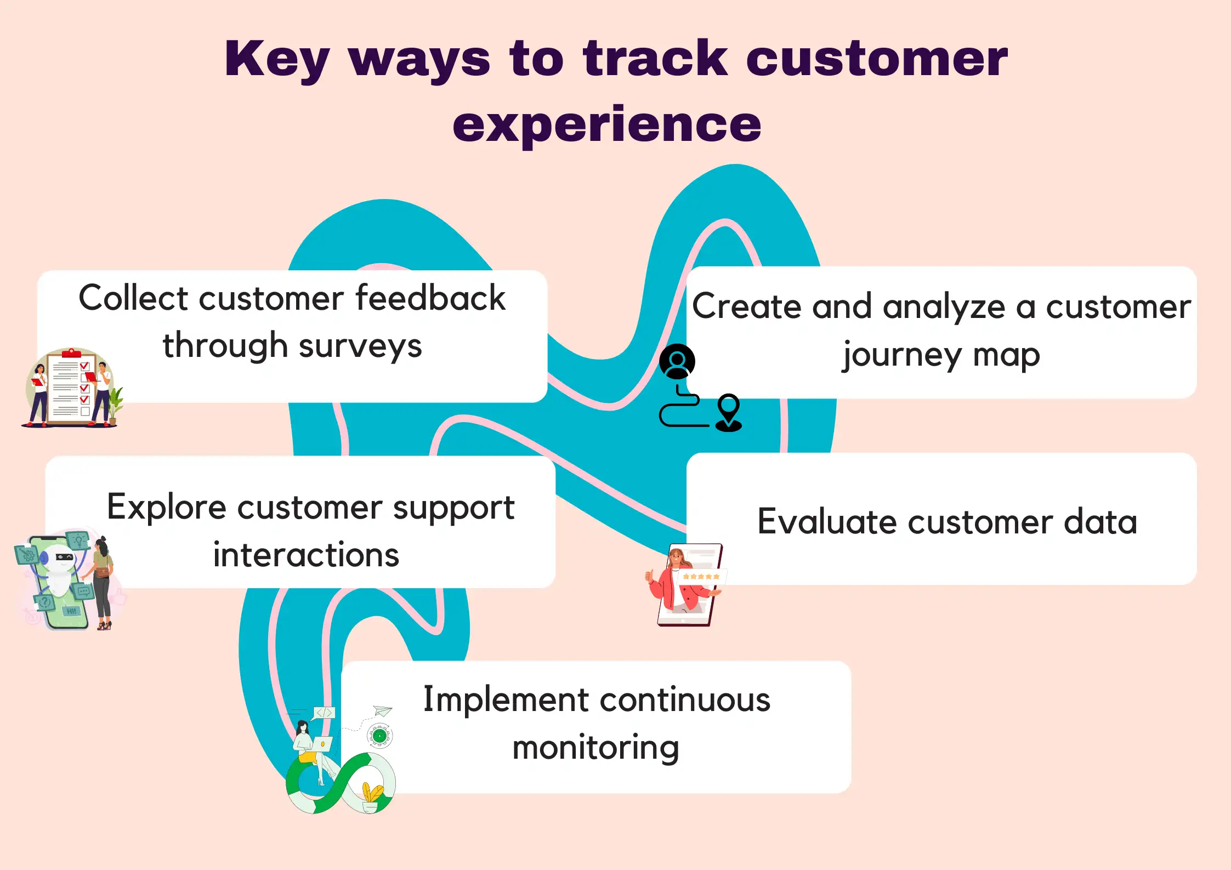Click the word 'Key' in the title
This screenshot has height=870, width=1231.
(x=277, y=59)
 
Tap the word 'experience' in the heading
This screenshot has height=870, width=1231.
(x=606, y=126)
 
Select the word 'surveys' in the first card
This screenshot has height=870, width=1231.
(x=360, y=346)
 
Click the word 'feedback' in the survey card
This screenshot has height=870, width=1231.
(x=430, y=299)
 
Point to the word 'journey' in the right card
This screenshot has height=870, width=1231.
(x=902, y=355)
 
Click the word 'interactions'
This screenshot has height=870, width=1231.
(x=306, y=555)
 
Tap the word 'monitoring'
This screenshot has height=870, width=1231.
(x=595, y=748)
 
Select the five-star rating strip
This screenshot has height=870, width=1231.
(x=701, y=577)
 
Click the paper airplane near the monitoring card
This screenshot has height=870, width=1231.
(x=383, y=711)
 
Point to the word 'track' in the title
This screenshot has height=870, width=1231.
(x=655, y=59)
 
